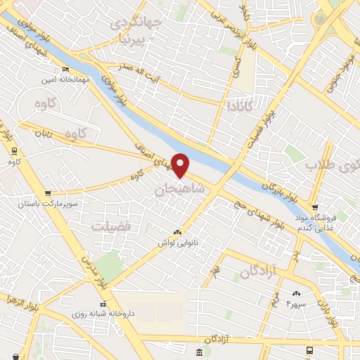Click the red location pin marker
[181, 165]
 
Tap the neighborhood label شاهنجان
[179, 188]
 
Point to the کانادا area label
[240, 106]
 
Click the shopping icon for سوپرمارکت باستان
[48, 193]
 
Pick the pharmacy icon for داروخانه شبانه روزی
[103, 304]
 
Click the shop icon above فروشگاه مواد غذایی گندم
[315, 207]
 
